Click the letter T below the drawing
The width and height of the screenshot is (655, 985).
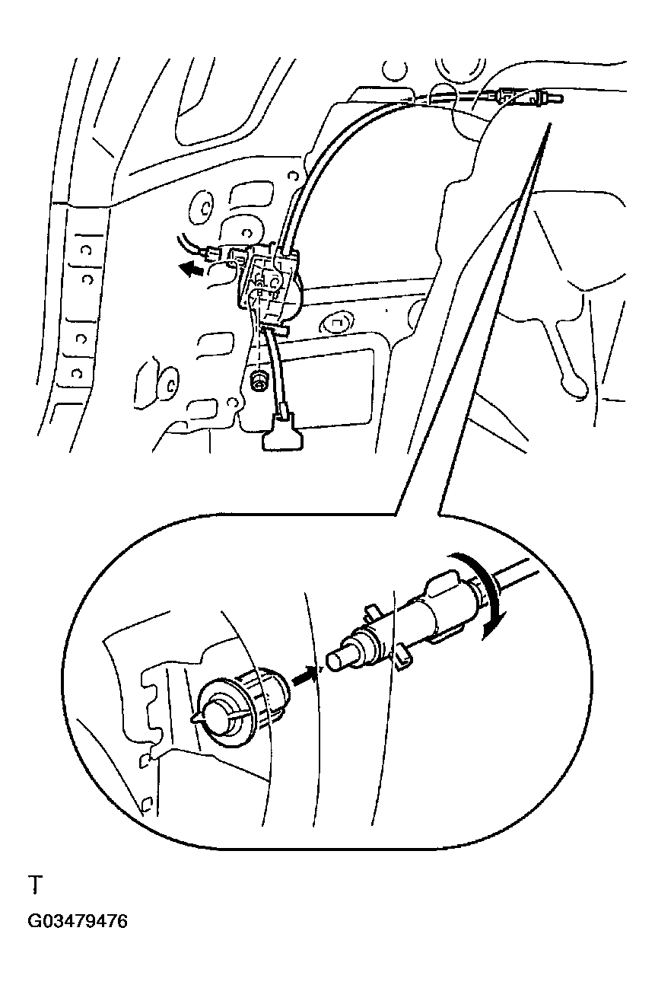35,885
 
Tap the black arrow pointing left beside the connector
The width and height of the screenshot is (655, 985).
192,269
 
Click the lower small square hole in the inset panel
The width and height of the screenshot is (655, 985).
148,805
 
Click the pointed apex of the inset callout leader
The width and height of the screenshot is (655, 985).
549,124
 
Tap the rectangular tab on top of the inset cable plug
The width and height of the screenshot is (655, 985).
443,582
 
